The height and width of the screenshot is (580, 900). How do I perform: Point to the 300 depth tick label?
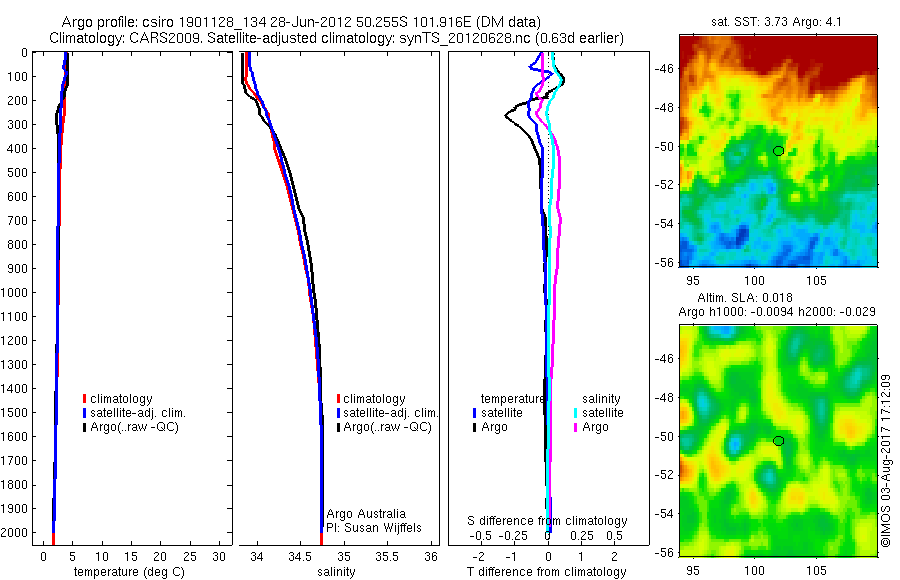pos(17,124)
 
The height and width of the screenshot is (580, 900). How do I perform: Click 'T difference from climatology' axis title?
pos(546,573)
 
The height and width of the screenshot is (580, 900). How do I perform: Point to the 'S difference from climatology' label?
pos(548,521)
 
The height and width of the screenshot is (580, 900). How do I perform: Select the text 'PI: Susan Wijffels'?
pos(373,527)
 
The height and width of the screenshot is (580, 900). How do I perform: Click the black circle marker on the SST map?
pos(778,151)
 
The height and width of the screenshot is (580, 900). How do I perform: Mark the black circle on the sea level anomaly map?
pos(778,441)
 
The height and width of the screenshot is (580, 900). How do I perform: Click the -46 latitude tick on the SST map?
pos(663,70)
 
